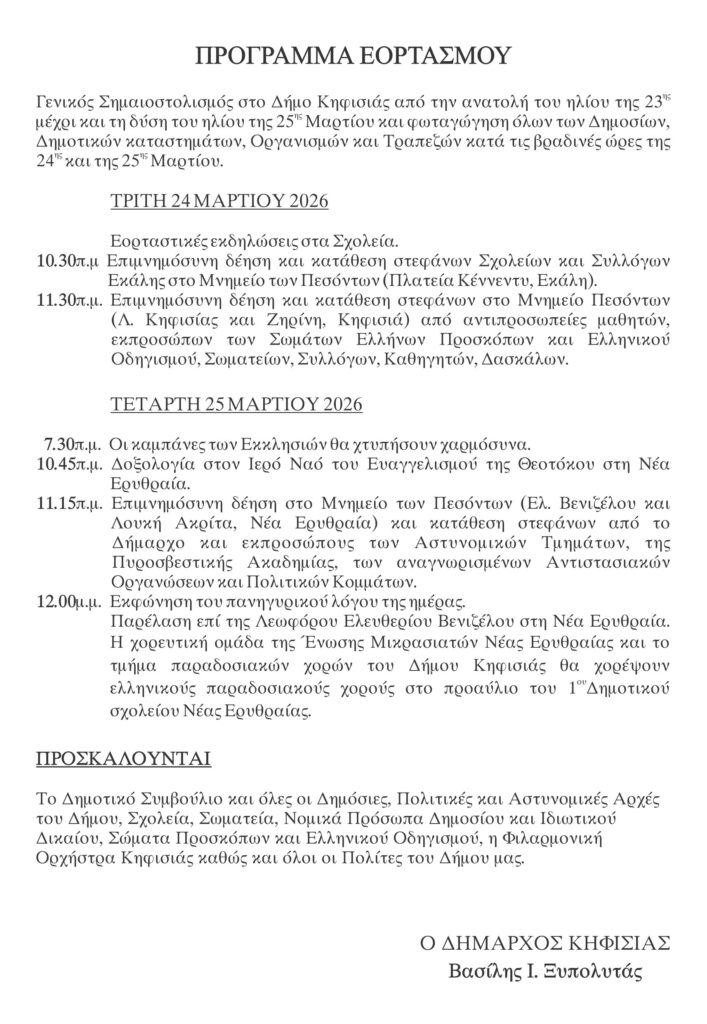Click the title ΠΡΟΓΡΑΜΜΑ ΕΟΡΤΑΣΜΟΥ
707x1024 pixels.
tap(353, 54)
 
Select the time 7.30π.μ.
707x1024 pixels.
tap(73, 443)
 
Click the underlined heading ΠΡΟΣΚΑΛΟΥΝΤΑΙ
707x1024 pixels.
tap(123, 759)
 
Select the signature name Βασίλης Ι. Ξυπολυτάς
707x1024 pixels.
tap(546, 971)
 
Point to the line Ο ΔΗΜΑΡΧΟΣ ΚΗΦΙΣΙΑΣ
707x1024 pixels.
tap(543, 943)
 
